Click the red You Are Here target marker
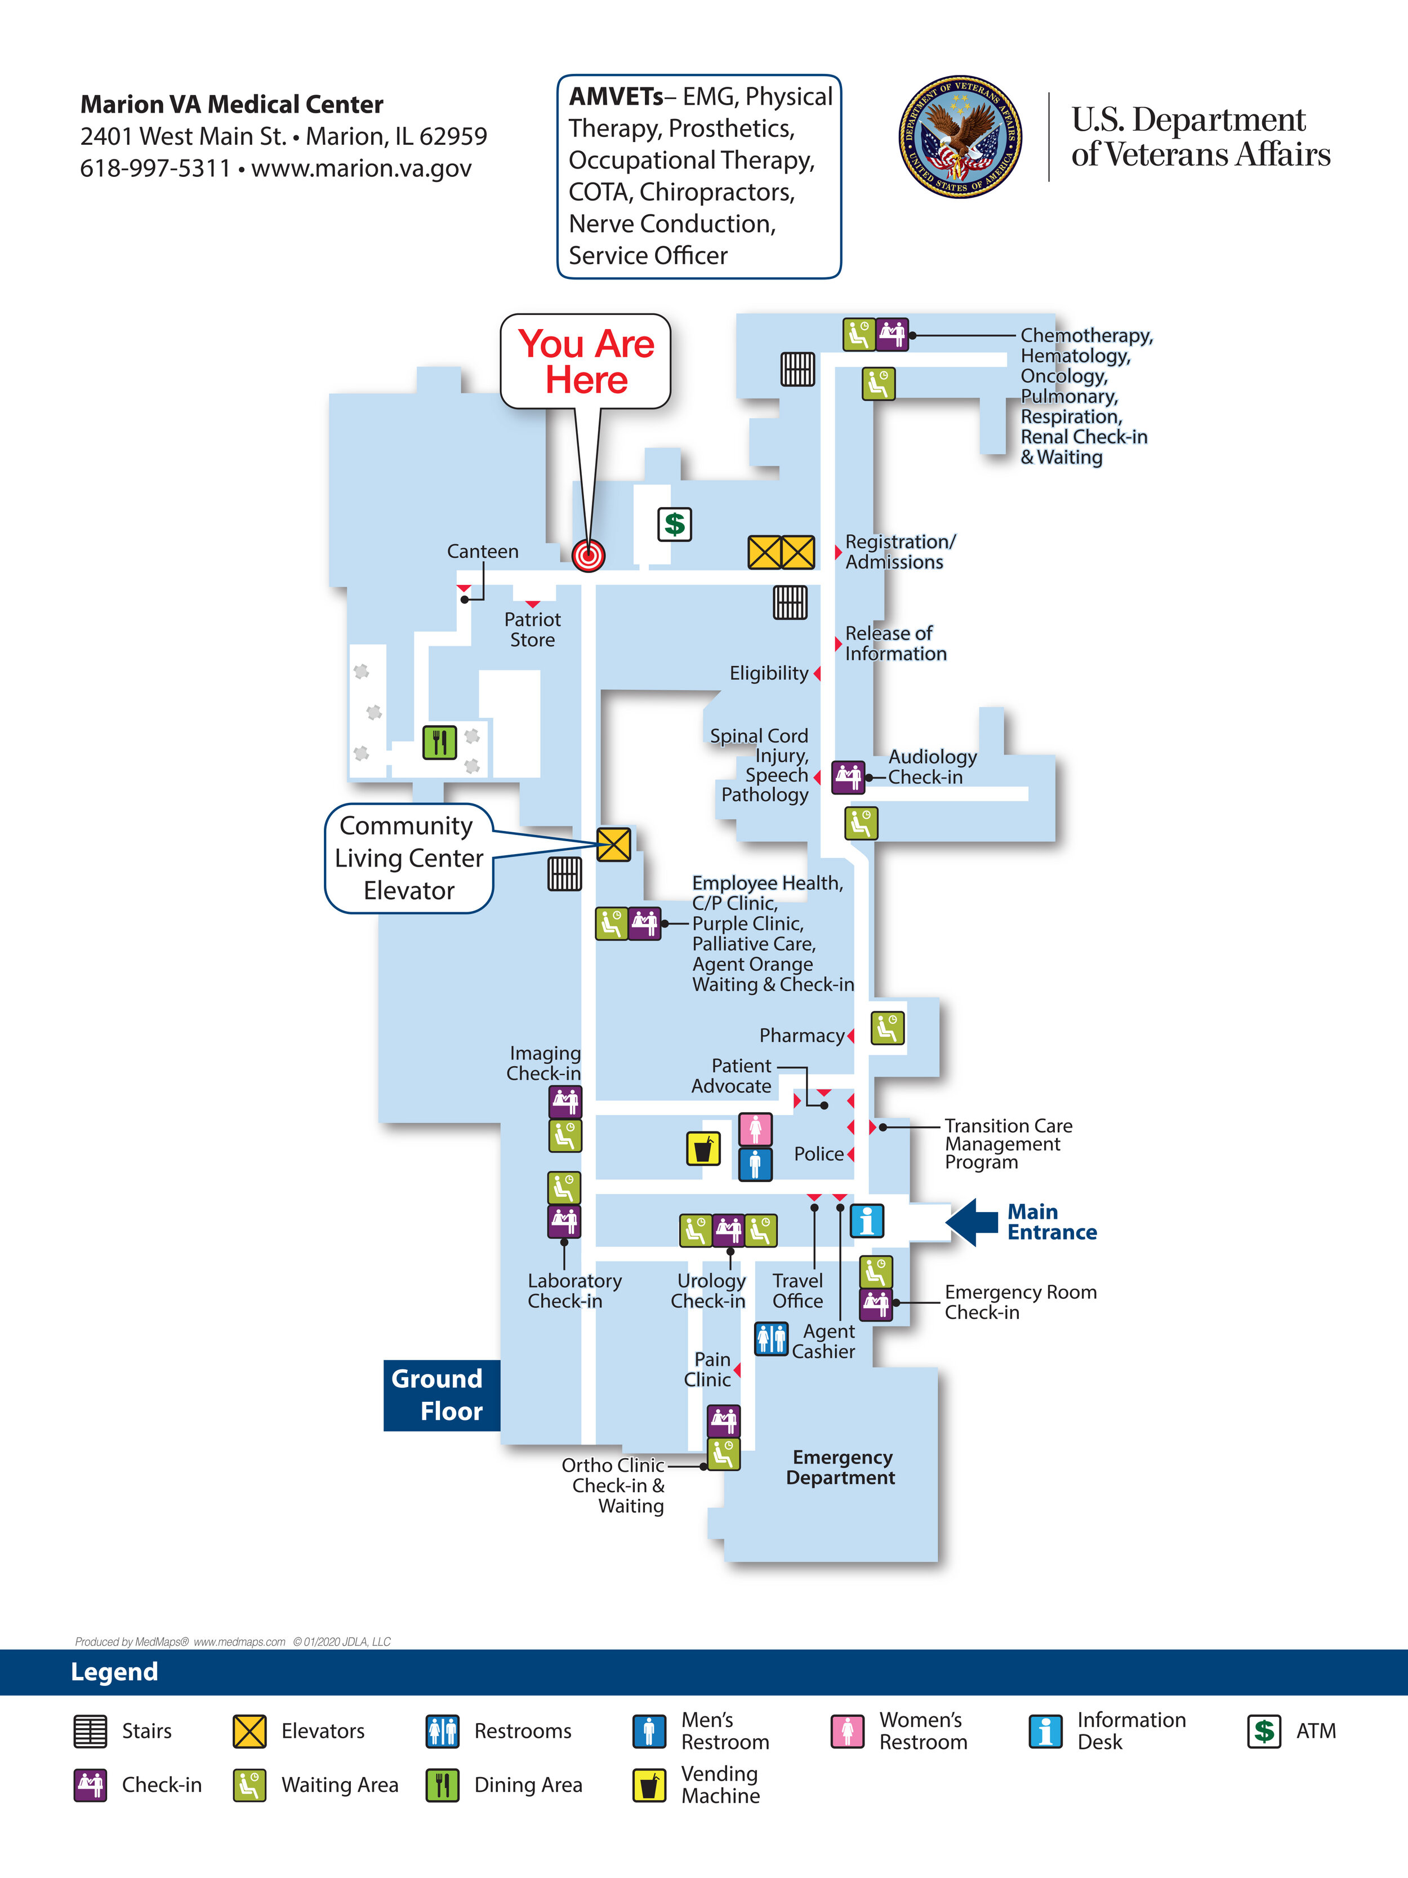[588, 555]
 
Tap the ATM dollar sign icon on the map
[675, 524]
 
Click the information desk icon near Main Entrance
[867, 1221]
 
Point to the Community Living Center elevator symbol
[614, 845]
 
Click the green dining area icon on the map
[440, 743]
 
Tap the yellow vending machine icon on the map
[703, 1149]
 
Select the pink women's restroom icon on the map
[755, 1129]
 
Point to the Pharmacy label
[801, 1036]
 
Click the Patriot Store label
[532, 630]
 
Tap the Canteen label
[482, 552]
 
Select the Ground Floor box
[442, 1395]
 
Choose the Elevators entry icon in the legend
[249, 1731]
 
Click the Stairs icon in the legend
[90, 1731]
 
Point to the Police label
[818, 1154]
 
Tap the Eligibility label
[768, 673]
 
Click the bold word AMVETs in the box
[616, 97]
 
